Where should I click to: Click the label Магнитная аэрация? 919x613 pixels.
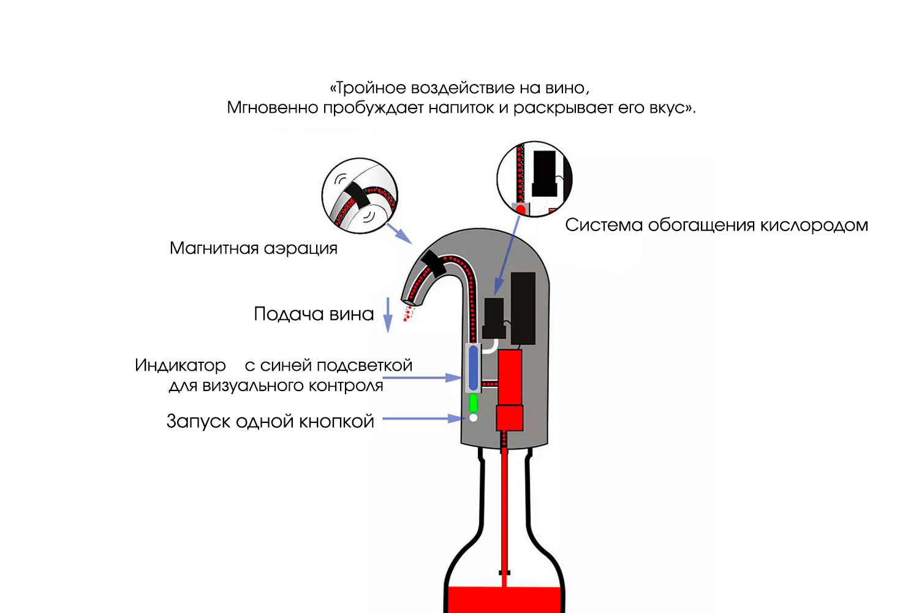[254, 248]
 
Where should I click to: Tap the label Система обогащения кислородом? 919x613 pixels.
[716, 226]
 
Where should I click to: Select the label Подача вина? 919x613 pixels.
[314, 314]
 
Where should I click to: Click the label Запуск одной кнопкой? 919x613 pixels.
[270, 422]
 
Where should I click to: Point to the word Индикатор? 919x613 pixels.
[181, 365]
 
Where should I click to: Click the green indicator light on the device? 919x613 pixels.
[473, 403]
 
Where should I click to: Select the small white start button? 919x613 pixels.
[473, 418]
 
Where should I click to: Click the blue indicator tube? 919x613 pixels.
[474, 367]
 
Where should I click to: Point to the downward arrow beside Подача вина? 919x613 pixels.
[388, 315]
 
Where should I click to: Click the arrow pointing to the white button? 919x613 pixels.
[423, 419]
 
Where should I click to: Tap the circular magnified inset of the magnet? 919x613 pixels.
[360, 196]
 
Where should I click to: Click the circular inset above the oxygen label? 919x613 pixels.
[534, 179]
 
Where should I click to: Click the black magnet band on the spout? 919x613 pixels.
[433, 263]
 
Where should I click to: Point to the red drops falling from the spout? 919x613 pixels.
[408, 313]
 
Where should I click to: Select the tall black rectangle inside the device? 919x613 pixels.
[523, 308]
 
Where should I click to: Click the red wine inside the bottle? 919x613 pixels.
[504, 600]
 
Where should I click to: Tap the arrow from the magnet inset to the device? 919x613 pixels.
[399, 234]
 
